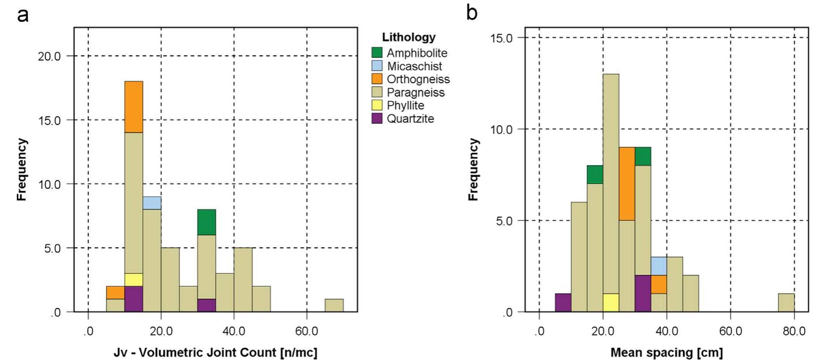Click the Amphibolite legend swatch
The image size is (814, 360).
[x=377, y=53]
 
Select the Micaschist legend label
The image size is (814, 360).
[x=414, y=66]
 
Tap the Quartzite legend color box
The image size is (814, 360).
[x=377, y=118]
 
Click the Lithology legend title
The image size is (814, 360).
[x=408, y=37]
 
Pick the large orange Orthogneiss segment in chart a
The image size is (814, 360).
[x=133, y=107]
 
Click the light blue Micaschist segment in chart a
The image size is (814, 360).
[x=152, y=203]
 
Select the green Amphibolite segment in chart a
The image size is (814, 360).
[x=206, y=222]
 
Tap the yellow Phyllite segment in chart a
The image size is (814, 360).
[x=133, y=280]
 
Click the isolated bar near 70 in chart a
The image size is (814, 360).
[x=334, y=305]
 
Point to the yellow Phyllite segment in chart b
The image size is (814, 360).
[x=611, y=303]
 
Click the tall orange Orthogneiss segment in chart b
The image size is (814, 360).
[x=627, y=184]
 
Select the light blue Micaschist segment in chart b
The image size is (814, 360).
[x=659, y=266]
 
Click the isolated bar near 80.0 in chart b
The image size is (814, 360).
[x=787, y=303]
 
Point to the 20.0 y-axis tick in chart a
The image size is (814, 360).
[x=49, y=56]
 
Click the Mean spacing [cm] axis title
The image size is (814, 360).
[x=666, y=353]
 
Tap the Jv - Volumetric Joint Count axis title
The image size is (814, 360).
[x=215, y=353]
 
